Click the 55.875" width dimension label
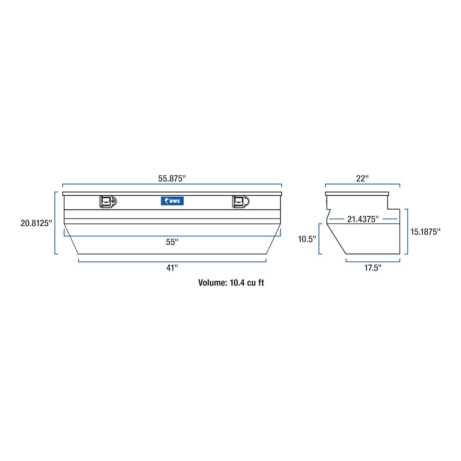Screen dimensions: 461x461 point(172,179)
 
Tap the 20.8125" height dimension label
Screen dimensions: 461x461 point(36,223)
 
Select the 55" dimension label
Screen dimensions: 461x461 point(172,242)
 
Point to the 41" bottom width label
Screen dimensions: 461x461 point(172,268)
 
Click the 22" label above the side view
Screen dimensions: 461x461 point(362,179)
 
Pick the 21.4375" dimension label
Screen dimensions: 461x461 point(363,219)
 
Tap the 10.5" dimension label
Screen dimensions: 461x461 point(306,239)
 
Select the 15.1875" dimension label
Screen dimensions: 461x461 point(425,232)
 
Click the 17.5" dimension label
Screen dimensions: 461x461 point(373,268)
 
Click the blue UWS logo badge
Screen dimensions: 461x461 point(172,201)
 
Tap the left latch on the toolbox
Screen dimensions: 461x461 point(108,202)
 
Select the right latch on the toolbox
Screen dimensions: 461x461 point(241,202)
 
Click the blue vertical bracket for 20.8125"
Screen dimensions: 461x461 point(55,223)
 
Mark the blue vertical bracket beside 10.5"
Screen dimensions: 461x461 point(319,239)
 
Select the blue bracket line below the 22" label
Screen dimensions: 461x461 point(362,185)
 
